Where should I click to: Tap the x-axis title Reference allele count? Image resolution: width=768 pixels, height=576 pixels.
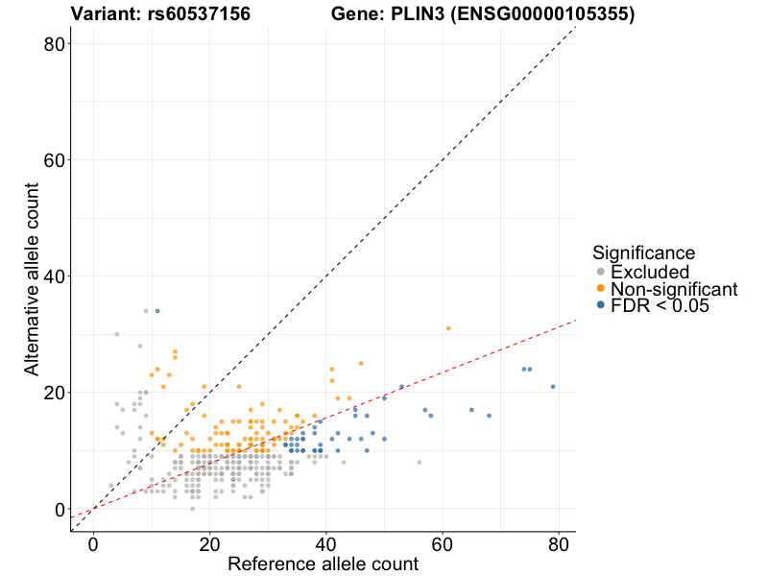(x=323, y=564)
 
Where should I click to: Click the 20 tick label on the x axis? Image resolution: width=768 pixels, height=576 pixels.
(x=209, y=542)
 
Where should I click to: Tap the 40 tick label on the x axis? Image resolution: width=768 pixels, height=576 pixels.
(x=326, y=542)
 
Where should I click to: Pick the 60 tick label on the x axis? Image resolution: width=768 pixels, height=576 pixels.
(x=443, y=542)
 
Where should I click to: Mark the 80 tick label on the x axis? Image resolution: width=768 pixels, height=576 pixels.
(x=559, y=542)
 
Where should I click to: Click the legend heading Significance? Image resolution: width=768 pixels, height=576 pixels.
(x=643, y=253)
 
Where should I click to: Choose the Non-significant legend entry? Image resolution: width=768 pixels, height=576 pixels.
(x=674, y=289)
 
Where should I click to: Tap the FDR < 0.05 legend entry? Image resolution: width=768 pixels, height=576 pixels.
(x=667, y=305)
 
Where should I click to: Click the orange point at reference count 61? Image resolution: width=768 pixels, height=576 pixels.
(x=448, y=328)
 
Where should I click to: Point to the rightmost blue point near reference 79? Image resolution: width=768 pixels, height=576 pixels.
(x=553, y=387)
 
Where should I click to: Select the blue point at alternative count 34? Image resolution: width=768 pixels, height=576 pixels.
(x=157, y=311)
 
